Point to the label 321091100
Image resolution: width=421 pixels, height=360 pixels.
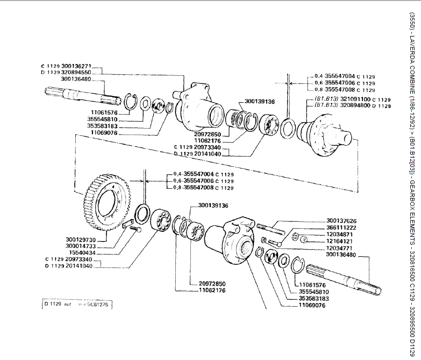click(x=355, y=100)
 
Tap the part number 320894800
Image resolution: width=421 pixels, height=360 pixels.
click(x=355, y=105)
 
